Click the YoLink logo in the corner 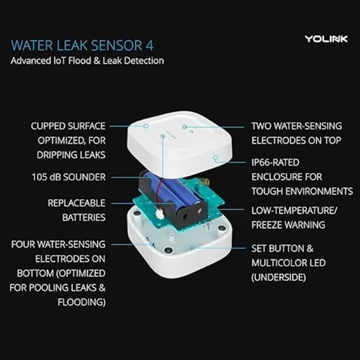[326, 39]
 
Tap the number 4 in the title [149, 45]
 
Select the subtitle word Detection [144, 61]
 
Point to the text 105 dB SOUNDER [68, 177]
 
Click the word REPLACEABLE [76, 203]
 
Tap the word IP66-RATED [275, 162]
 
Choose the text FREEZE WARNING [288, 225]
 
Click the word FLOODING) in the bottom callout [81, 302]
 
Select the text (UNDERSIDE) [279, 277]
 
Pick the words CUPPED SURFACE [68, 126]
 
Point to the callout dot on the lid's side [215, 157]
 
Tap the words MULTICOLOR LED [288, 263]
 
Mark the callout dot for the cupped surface [146, 126]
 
